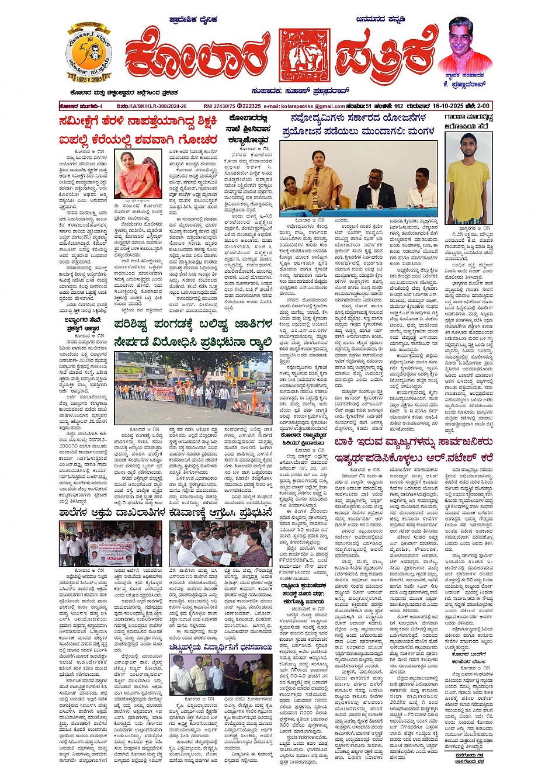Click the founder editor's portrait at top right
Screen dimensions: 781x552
coord(465,46)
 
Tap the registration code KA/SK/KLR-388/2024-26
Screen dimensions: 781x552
coord(154,106)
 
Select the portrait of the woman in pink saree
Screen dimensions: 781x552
coord(138,174)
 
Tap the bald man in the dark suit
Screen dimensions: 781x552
coord(376,190)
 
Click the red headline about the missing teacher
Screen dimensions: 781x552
coord(138,131)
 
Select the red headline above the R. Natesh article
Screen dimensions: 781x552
coord(414,450)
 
